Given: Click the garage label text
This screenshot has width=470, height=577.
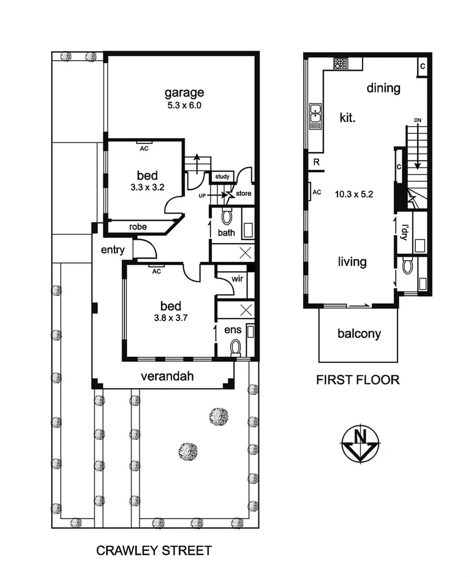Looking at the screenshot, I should pos(184,93).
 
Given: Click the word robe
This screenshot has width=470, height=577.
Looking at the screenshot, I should pos(137,226).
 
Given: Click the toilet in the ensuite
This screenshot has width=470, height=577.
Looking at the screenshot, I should pos(235,346).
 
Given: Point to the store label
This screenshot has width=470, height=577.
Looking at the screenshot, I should pos(244,193).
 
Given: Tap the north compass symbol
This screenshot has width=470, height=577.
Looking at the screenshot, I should pos(360,442).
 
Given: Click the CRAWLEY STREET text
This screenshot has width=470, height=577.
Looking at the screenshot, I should pos(153,551).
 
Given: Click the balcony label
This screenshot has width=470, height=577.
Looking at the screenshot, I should pos(359,334).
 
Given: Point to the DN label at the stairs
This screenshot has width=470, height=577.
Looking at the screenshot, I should pos(418,120).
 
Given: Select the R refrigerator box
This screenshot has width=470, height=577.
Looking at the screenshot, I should pos(317,162).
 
